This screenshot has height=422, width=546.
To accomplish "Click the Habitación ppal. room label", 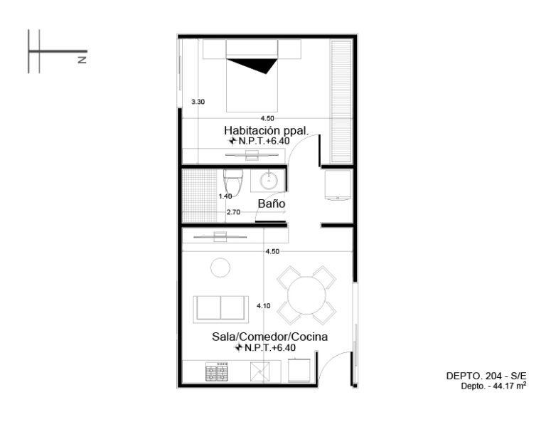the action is click(267, 130).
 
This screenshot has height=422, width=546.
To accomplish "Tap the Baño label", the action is click(272, 204).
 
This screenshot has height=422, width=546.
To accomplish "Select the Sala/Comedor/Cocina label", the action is click(270, 337).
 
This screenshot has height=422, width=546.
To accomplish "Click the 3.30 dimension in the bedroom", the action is click(198, 102).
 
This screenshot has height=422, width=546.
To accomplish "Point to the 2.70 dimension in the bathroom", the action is click(233, 212).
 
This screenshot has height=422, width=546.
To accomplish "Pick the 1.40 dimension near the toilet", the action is click(225, 196).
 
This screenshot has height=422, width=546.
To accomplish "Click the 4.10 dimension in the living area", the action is click(264, 306).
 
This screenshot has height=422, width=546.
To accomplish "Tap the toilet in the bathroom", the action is click(233, 183).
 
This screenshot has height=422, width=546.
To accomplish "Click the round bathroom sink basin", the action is click(269, 181).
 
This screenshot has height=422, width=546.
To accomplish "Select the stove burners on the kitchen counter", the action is click(217, 371).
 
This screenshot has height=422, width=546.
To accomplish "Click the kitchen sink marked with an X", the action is click(260, 371).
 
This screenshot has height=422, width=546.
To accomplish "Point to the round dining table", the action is click(307, 295).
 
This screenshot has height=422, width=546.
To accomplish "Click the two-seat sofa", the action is click(221, 309).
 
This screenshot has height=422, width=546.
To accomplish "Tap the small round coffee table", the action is click(220, 268).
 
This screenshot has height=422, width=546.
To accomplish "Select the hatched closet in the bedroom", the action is click(341, 101).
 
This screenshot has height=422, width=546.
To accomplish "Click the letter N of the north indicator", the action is click(82, 60).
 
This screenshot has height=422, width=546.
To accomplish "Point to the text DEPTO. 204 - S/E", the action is click(486, 376).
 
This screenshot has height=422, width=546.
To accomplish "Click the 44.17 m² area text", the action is click(510, 386).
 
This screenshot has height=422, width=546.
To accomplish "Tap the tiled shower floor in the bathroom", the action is click(200, 196).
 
